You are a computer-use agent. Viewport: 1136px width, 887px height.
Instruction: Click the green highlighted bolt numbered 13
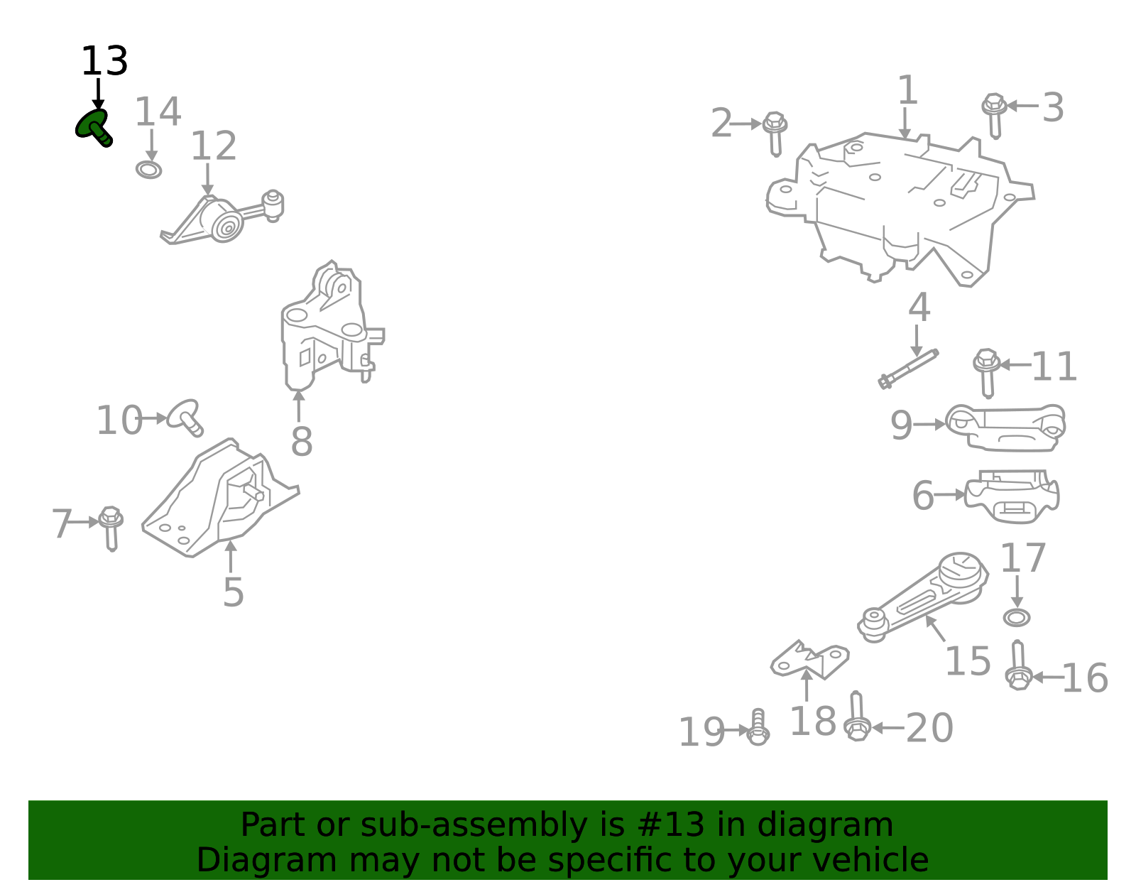click(94, 126)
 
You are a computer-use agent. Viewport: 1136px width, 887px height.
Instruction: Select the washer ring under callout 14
click(148, 170)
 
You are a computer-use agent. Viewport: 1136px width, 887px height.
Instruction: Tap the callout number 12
click(213, 146)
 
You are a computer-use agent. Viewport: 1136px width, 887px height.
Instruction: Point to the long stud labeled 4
click(908, 368)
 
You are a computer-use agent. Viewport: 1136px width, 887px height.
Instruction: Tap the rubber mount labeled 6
click(1012, 496)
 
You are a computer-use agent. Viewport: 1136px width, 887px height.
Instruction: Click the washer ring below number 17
click(1017, 617)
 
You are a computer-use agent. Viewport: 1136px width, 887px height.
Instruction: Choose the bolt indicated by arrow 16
click(1019, 665)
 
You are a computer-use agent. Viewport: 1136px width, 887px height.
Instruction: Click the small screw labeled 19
click(758, 727)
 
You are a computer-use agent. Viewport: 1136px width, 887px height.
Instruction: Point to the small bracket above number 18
click(809, 660)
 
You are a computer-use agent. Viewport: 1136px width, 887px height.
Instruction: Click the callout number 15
click(967, 661)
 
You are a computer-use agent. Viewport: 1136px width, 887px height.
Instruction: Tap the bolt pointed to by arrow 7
click(111, 527)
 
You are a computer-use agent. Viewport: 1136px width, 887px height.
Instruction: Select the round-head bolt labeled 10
click(186, 416)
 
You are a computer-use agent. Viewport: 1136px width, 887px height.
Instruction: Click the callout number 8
click(302, 442)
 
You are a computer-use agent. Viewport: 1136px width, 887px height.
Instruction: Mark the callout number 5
click(233, 592)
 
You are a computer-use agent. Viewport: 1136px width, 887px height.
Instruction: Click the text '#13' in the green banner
click(671, 825)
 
